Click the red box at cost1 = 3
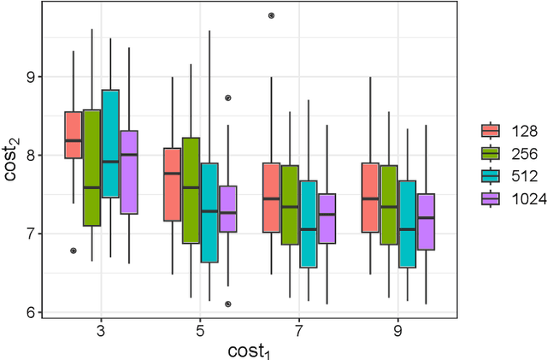pos(74,135)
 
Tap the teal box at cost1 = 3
pos(110,144)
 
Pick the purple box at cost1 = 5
pos(228,209)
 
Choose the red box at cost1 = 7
pos(272,197)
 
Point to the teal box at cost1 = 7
pos(309,224)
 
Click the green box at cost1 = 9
pos(389,205)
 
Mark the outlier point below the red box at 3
pos(74,251)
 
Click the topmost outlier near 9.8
pos(272,15)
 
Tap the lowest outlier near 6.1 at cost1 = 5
pos(228,304)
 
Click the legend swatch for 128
pos(491,131)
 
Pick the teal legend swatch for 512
pos(491,175)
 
